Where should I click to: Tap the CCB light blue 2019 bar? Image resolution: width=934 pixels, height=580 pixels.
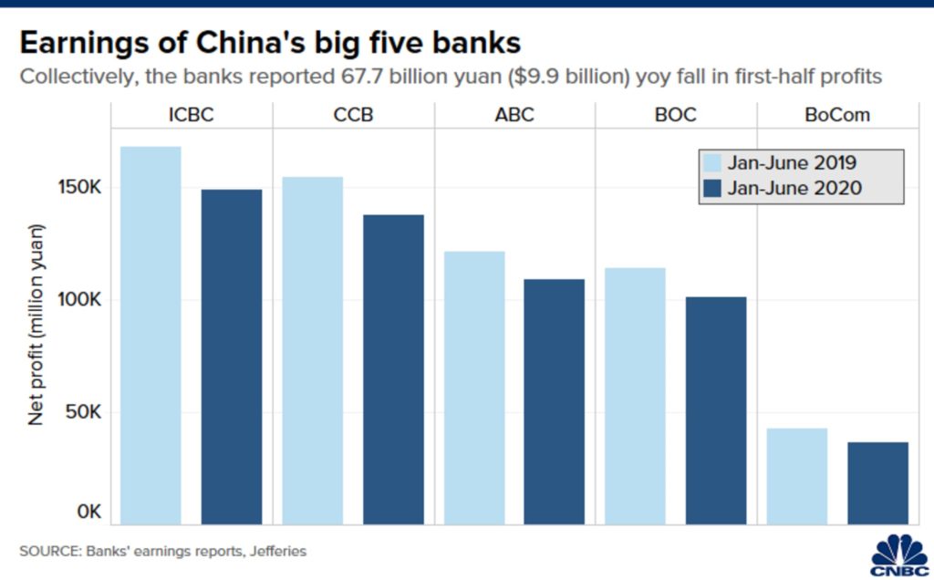coord(312,350)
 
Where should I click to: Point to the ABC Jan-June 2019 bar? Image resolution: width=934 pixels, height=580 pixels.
coord(473,388)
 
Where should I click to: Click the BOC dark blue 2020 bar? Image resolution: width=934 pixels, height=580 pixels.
coord(715,410)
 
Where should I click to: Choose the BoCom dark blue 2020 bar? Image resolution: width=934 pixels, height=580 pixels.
coord(877,483)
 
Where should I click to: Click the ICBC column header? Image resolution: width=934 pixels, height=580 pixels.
coord(192,116)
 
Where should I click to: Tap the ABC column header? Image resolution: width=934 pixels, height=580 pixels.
coord(514,116)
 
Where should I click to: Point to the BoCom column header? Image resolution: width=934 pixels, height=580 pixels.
coord(837,116)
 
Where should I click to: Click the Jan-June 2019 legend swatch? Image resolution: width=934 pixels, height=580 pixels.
coord(713,164)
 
